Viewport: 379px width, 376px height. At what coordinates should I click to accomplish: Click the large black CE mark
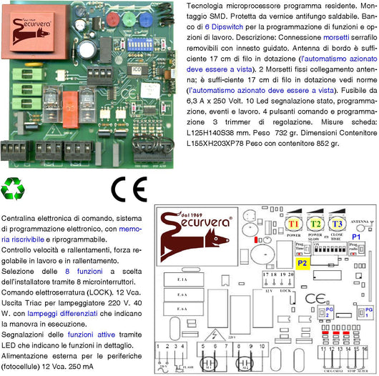(x=129, y=190)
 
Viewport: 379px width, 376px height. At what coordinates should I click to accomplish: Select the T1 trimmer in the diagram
(x=294, y=224)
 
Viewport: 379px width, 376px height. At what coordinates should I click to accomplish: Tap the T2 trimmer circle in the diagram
(x=315, y=224)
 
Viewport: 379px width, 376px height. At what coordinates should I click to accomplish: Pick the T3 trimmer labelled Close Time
(x=337, y=224)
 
